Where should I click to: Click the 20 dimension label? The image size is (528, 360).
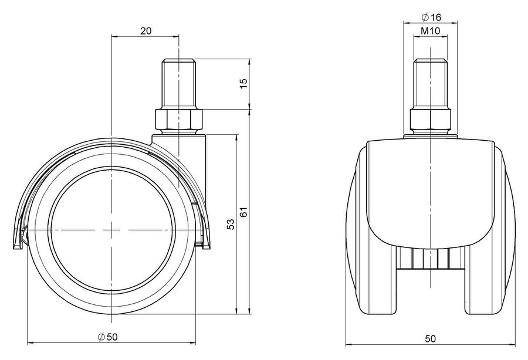tap(146, 31)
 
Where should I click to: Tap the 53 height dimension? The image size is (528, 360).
tap(231, 225)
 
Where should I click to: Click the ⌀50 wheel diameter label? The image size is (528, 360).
tap(108, 337)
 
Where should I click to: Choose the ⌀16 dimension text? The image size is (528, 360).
tap(431, 16)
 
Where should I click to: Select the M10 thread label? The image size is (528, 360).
tap(431, 31)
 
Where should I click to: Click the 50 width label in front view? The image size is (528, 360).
tap(431, 338)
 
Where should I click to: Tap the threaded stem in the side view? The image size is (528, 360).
tap(179, 84)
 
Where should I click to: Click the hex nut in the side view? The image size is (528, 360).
tap(179, 119)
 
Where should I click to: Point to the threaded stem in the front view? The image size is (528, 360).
tap(431, 84)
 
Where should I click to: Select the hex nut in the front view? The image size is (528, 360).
tap(431, 120)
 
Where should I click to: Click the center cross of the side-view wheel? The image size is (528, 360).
tap(111, 229)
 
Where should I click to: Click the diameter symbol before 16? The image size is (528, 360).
tap(425, 16)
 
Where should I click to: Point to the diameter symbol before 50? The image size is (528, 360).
tap(101, 337)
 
